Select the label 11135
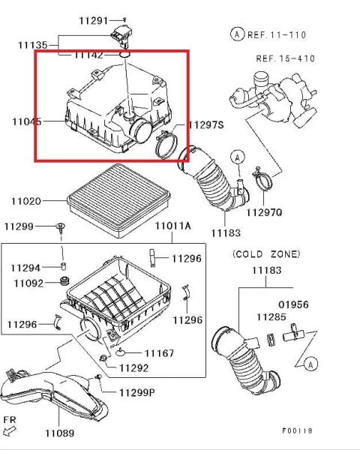(x=32, y=45)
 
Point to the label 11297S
(x=205, y=125)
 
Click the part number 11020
(x=26, y=201)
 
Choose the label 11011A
(x=172, y=226)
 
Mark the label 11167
(x=159, y=352)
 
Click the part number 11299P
(x=137, y=392)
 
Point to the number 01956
(x=295, y=304)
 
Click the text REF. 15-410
(x=286, y=58)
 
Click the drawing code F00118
(x=297, y=431)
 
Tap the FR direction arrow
(x=11, y=430)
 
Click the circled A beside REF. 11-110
(x=237, y=34)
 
